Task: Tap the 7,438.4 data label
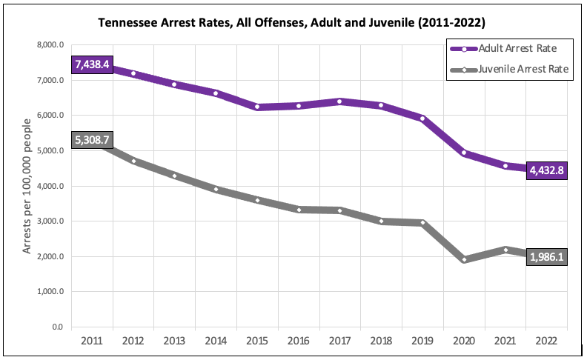(92, 65)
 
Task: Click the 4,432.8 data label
(547, 170)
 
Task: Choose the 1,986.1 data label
(547, 257)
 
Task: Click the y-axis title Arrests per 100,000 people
(27, 186)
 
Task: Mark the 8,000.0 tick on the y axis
(50, 45)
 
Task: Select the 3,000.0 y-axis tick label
(50, 221)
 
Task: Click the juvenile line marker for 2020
(463, 259)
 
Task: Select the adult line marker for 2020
(463, 153)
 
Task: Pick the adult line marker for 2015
(257, 107)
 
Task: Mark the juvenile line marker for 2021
(505, 250)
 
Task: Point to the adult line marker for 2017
(339, 101)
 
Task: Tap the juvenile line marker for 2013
(175, 176)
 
